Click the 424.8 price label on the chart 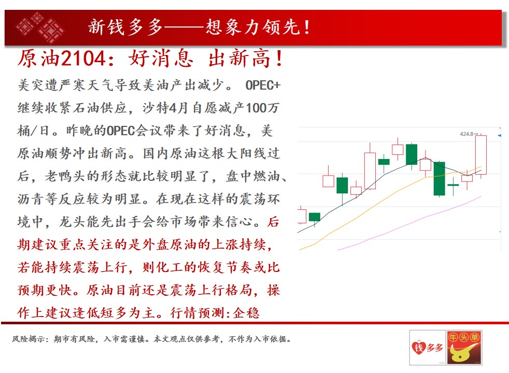pyautogui.click(x=467, y=134)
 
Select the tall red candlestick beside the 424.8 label pyautogui.click(x=481, y=155)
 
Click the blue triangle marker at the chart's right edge pyautogui.click(x=500, y=135)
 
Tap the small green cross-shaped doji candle pyautogui.click(x=453, y=185)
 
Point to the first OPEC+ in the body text pyautogui.click(x=263, y=85)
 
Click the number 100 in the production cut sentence pyautogui.click(x=256, y=108)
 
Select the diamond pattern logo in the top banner pyautogui.click(x=39, y=27)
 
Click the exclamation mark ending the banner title pyautogui.click(x=307, y=27)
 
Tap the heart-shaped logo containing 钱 pyautogui.click(x=418, y=348)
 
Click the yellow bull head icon pyautogui.click(x=463, y=353)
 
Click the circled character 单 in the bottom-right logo pyautogui.click(x=474, y=337)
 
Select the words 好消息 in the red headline pyautogui.click(x=161, y=59)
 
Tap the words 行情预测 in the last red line pyautogui.click(x=197, y=313)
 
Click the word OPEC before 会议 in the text pyautogui.click(x=120, y=131)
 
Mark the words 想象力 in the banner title pyautogui.click(x=234, y=27)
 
